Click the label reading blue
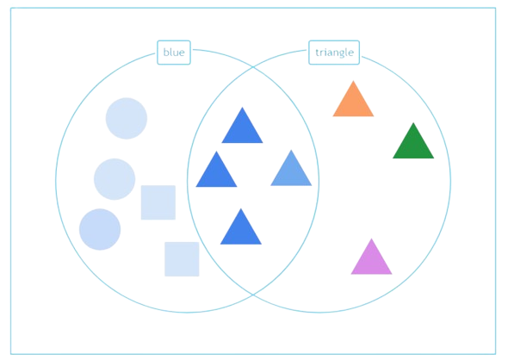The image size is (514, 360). point(174,53)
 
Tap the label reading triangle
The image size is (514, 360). point(334,53)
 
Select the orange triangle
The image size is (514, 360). point(353,102)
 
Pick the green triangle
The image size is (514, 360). point(413,145)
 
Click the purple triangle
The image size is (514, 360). point(371,260)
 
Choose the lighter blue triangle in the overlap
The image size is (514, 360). point(291,171)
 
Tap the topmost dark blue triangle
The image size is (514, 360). point(242,129)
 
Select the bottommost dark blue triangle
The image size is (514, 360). point(241,230)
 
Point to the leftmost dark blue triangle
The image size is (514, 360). point(216,173)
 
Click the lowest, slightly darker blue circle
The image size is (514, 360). point(100,229)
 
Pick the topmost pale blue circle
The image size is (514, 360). point(127,118)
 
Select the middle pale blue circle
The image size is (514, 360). point(115,179)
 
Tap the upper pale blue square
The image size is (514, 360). point(158,202)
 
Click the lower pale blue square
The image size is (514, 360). point(182,259)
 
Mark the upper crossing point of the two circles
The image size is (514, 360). point(253,67)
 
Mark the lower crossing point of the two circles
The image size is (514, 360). point(253,295)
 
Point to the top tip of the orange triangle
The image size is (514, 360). point(353,81)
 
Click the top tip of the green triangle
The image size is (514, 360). point(413,122)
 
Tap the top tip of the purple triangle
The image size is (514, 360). point(371,239)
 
